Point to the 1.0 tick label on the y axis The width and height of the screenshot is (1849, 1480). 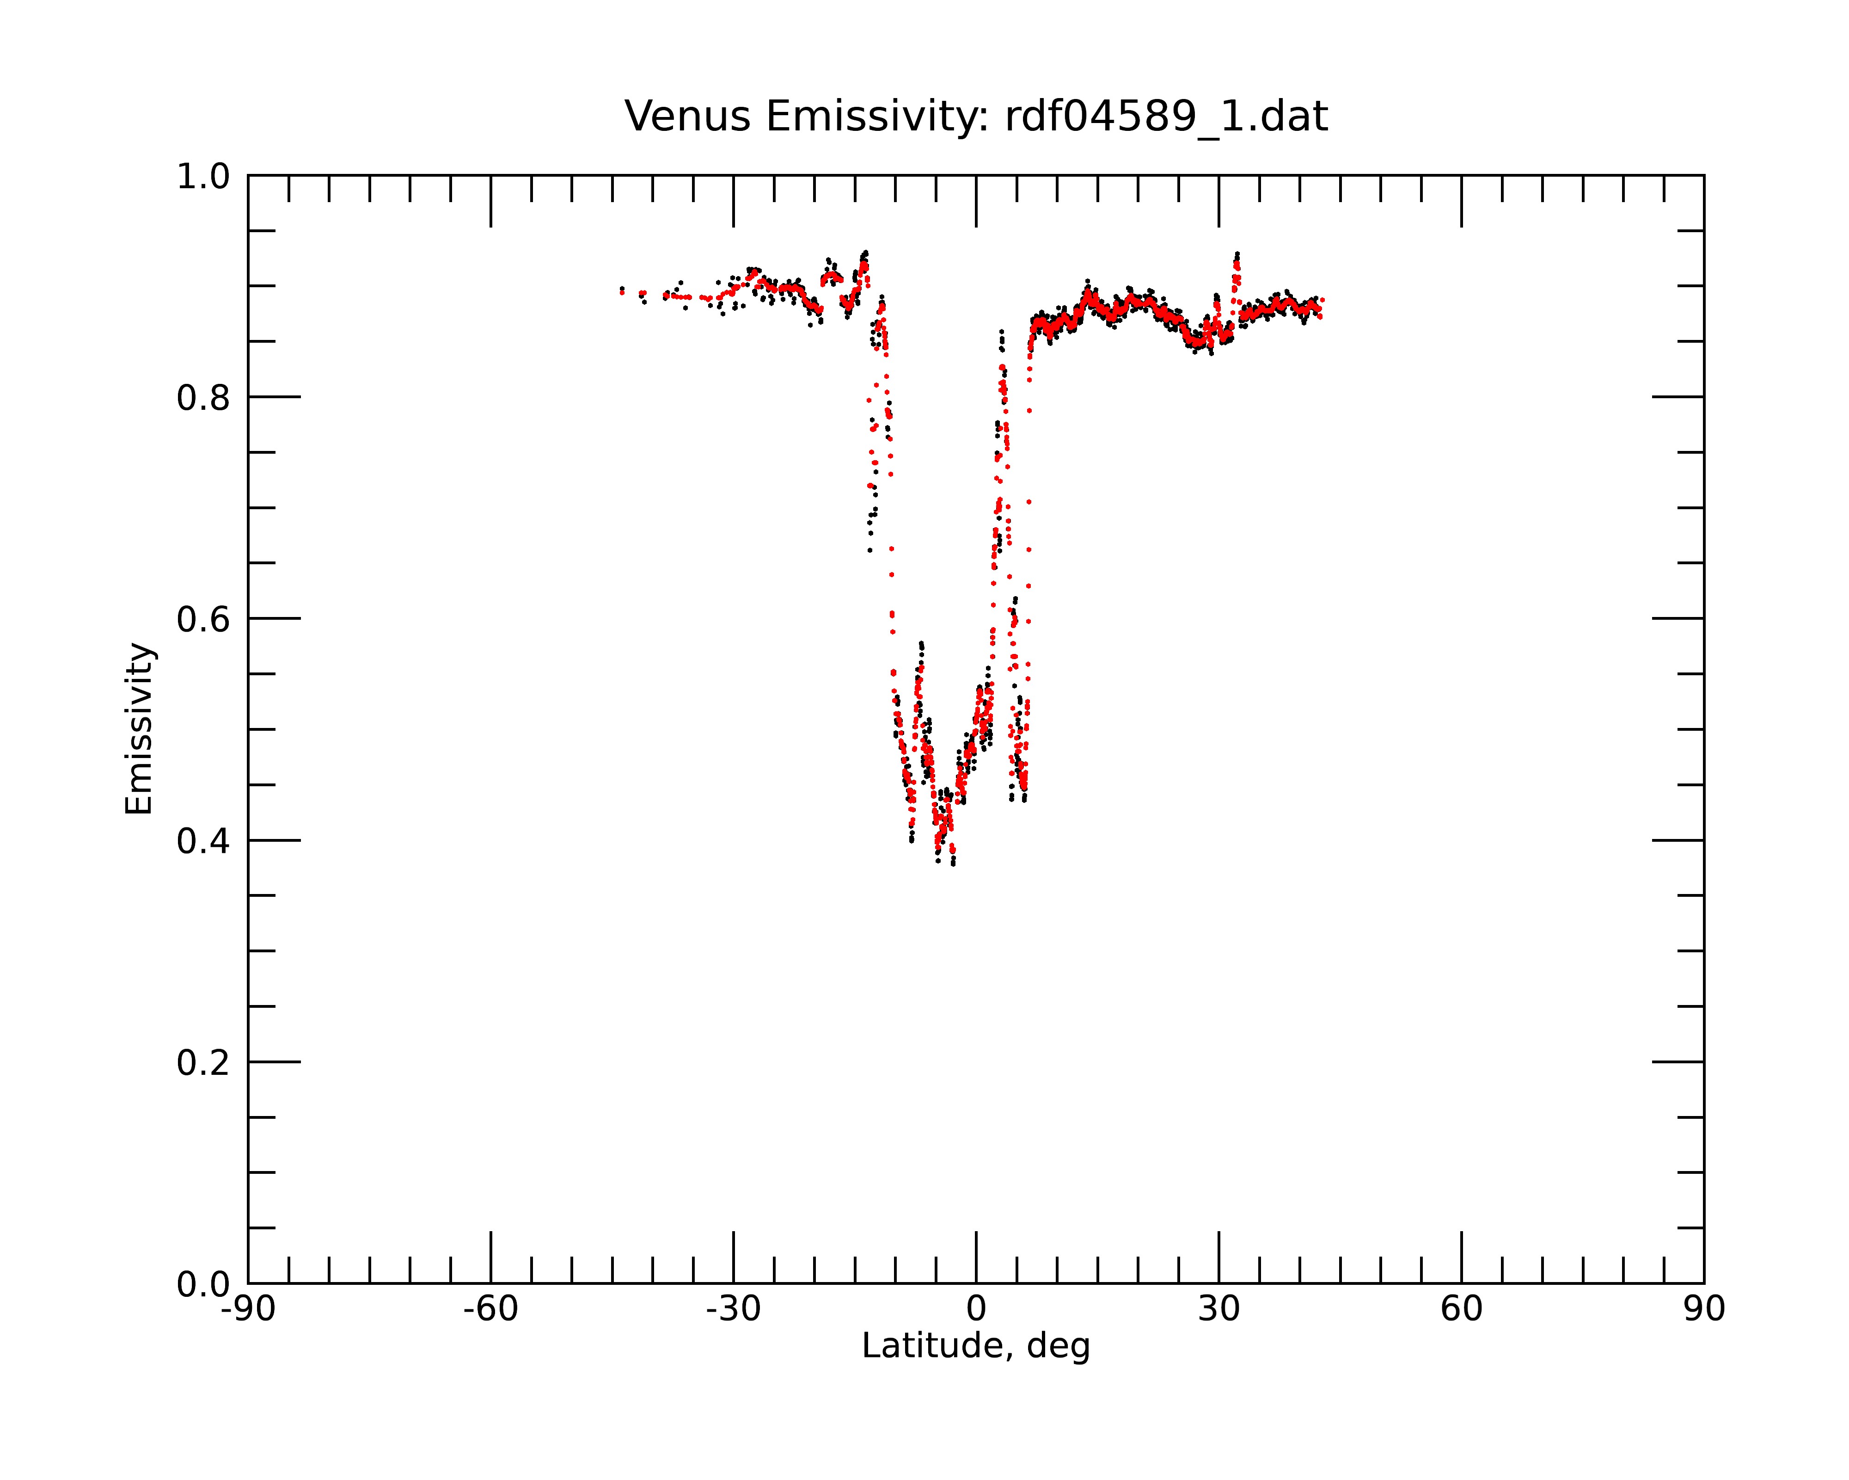click(203, 177)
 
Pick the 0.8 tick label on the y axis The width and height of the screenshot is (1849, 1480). click(203, 398)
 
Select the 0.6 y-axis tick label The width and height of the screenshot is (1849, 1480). click(203, 619)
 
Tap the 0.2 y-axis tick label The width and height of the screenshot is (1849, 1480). click(203, 1063)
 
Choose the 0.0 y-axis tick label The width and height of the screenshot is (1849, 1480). click(203, 1284)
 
